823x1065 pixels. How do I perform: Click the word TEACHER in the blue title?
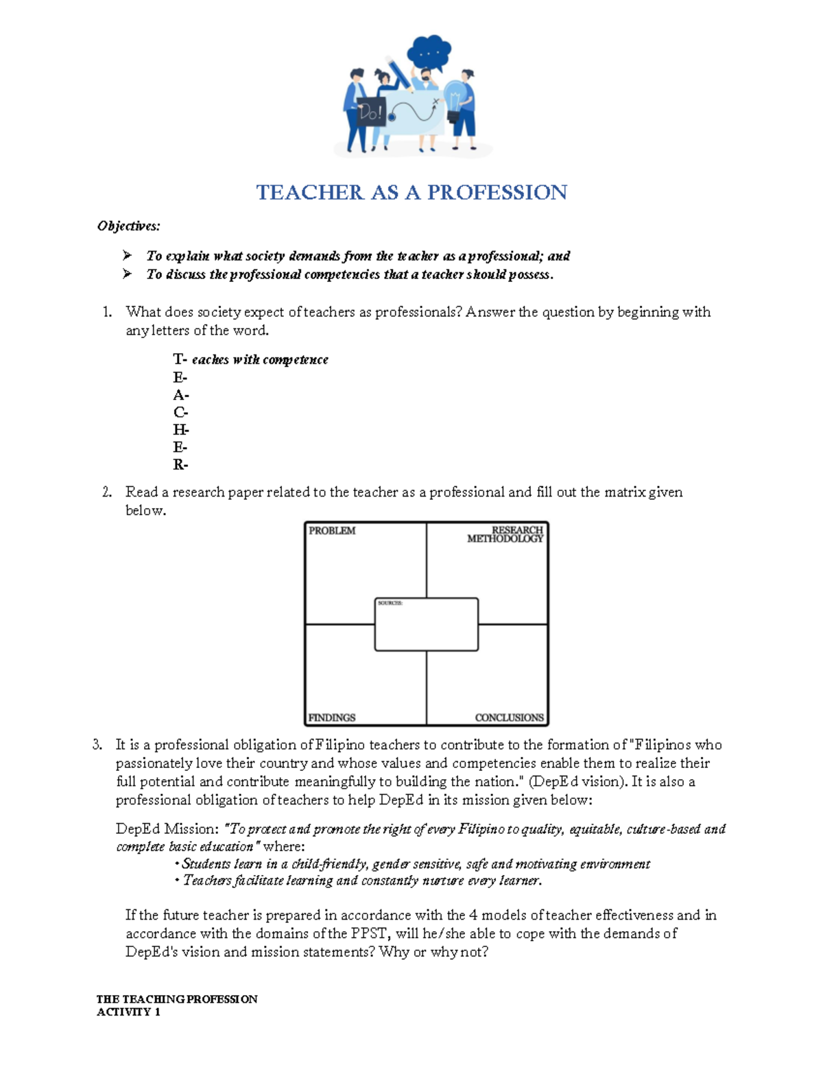pos(310,193)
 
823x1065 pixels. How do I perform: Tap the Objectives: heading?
pos(128,226)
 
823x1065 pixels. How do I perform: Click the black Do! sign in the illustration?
pos(370,112)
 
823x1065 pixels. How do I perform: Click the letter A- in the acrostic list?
pos(180,396)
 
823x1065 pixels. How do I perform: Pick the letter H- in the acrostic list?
pos(180,430)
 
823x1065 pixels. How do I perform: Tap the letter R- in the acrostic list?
pos(180,465)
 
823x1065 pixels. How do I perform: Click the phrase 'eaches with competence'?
pos(260,360)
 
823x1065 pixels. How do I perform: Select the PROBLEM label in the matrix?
pos(332,531)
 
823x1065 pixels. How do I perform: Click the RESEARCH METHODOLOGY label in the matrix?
pos(506,534)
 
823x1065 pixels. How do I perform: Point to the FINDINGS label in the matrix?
pos(332,718)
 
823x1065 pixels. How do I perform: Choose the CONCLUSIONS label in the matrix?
pos(509,718)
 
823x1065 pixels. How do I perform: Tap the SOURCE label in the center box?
pos(390,603)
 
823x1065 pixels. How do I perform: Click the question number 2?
pos(106,492)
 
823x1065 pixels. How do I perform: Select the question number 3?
pos(97,745)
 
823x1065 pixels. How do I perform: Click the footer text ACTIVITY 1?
pos(128,1012)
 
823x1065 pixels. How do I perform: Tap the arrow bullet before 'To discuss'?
pos(127,274)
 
